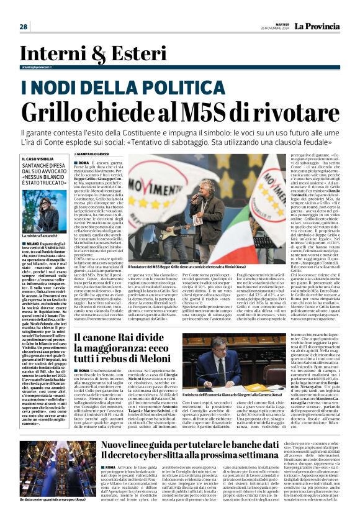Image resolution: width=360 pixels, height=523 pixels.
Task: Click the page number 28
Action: pyautogui.click(x=23, y=27)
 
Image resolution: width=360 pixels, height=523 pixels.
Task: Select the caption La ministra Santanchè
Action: pyautogui.click(x=42, y=237)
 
